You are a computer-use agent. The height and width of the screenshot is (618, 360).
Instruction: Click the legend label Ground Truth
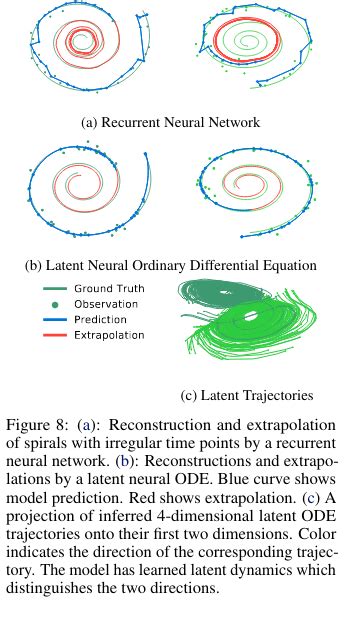tap(109, 288)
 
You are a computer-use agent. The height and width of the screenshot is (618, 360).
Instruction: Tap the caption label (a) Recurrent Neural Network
tap(171, 122)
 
